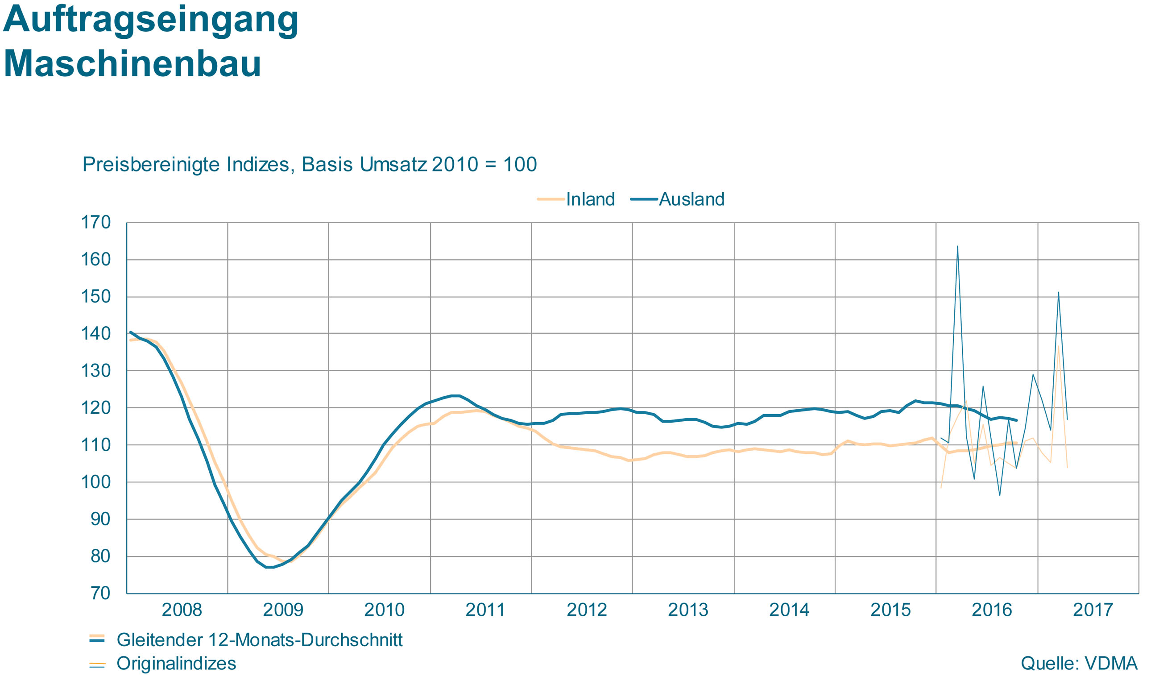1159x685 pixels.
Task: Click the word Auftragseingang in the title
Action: pyautogui.click(x=151, y=21)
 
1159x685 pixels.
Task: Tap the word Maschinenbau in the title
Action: pyautogui.click(x=132, y=63)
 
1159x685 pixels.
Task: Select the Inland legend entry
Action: pyautogui.click(x=576, y=199)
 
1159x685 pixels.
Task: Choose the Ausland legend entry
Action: pyautogui.click(x=678, y=199)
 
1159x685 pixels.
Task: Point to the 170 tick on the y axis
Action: pyautogui.click(x=96, y=223)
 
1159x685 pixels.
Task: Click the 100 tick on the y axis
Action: pyautogui.click(x=96, y=482)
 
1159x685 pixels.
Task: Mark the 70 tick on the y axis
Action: pyautogui.click(x=100, y=593)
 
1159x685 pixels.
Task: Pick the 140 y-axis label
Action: pyautogui.click(x=96, y=333)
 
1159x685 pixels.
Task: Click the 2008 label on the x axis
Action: pyautogui.click(x=182, y=610)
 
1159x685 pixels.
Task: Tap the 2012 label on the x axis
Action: pyautogui.click(x=587, y=610)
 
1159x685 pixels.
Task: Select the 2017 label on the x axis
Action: pyautogui.click(x=1093, y=610)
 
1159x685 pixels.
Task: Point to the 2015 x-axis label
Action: pyautogui.click(x=890, y=610)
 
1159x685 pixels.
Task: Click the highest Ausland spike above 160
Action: pyautogui.click(x=957, y=246)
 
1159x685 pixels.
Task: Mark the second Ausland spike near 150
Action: pyautogui.click(x=1059, y=293)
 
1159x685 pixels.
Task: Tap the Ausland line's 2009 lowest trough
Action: pyautogui.click(x=270, y=567)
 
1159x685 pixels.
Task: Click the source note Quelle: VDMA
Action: pyautogui.click(x=1079, y=663)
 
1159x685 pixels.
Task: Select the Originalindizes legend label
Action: pyautogui.click(x=176, y=663)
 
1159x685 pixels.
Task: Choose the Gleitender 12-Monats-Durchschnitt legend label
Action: pyautogui.click(x=259, y=640)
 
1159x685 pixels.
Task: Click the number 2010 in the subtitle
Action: pyautogui.click(x=455, y=164)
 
